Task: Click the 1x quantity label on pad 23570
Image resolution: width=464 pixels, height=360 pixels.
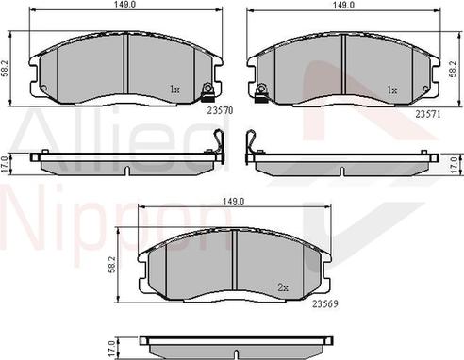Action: pos(174,90)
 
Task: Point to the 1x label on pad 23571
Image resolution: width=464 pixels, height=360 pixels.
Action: pos(390,90)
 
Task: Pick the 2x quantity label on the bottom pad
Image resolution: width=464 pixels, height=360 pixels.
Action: pos(282,286)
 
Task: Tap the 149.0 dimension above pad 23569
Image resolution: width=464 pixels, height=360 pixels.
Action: pos(233,202)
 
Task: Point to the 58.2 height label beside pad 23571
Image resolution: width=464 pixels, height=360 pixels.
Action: pos(457,66)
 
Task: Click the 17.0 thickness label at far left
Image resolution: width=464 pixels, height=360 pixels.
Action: pos(7,161)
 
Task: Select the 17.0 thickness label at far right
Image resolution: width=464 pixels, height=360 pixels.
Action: pos(457,161)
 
